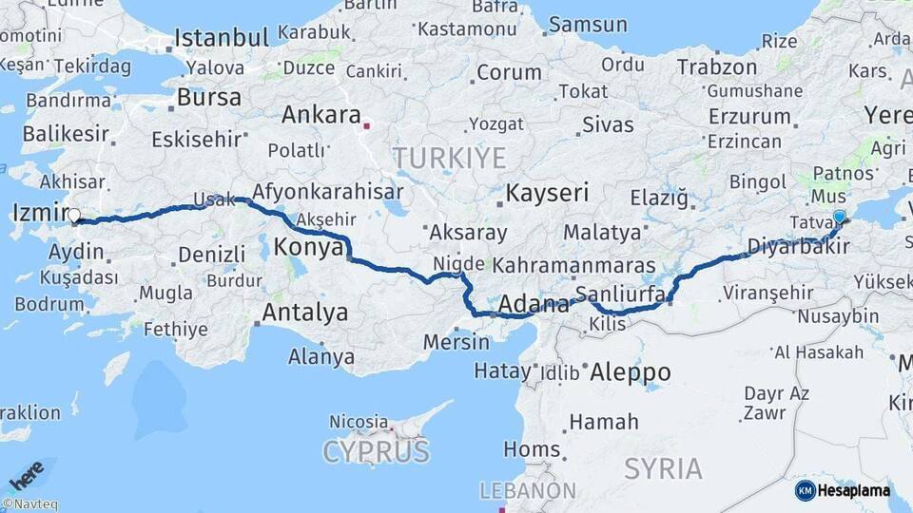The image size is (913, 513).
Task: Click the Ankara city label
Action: click(319, 115)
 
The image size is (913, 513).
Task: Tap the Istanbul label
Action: click(222, 39)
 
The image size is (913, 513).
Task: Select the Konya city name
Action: click(308, 248)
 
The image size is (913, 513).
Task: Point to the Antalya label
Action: click(304, 313)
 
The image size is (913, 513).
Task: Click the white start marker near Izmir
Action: click(74, 216)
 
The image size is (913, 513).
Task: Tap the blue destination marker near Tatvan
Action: click(839, 218)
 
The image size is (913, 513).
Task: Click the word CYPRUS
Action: click(376, 451)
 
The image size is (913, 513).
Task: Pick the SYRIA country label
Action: click(663, 468)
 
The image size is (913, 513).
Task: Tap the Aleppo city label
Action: click(630, 371)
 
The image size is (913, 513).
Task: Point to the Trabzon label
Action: click(716, 67)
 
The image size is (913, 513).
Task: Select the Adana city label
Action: click(534, 305)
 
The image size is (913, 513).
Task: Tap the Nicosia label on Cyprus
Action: click(359, 421)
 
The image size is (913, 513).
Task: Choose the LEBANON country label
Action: click(527, 491)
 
